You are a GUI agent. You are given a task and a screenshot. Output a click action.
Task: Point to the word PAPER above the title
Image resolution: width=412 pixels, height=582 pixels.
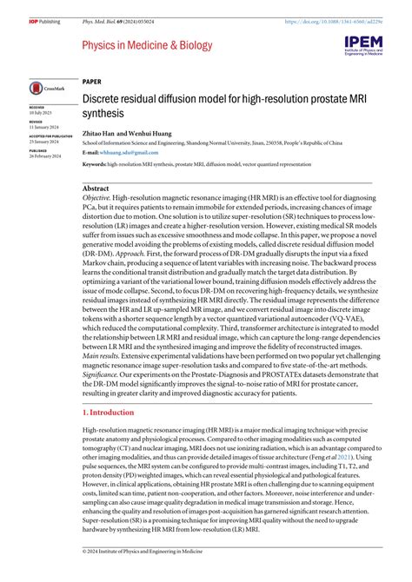coord(92,80)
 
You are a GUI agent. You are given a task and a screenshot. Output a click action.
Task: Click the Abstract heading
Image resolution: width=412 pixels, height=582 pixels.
coord(95,188)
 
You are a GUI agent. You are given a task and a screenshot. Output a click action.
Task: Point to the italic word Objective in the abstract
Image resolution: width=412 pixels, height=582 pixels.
coord(102,199)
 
